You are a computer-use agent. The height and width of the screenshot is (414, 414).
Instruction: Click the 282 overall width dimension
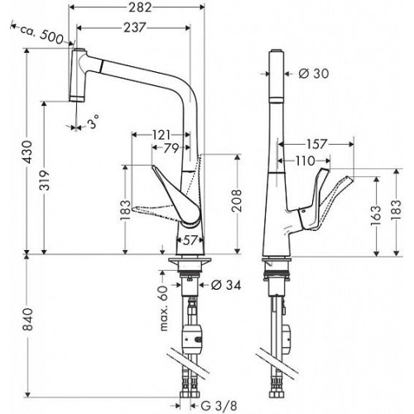(x=141, y=7)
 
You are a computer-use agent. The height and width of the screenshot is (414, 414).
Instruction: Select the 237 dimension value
(x=134, y=27)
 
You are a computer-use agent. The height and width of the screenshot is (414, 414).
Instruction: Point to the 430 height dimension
(x=27, y=152)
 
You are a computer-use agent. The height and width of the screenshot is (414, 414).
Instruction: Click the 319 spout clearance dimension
(x=45, y=181)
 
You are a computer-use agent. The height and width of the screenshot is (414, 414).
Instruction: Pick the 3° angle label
(x=94, y=121)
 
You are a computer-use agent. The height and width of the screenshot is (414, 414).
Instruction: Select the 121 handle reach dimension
(x=161, y=135)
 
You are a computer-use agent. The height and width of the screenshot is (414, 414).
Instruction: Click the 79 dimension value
(x=171, y=148)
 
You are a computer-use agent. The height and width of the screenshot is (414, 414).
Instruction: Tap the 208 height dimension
(x=237, y=200)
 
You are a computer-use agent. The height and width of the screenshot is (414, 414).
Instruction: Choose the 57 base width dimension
(x=190, y=241)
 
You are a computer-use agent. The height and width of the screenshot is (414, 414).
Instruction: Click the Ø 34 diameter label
(x=226, y=285)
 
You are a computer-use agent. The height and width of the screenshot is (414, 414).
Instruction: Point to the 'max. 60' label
(x=164, y=309)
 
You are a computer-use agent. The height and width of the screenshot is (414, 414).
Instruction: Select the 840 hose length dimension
(x=27, y=320)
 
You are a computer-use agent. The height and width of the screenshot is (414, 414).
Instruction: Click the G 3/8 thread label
(x=219, y=406)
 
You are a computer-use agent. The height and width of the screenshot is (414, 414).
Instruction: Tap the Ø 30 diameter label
(x=314, y=74)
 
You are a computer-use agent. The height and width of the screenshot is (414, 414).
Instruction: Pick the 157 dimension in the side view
(x=316, y=144)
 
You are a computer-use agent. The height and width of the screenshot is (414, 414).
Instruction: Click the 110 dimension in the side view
(x=306, y=161)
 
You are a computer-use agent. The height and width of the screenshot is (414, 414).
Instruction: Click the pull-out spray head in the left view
(x=78, y=75)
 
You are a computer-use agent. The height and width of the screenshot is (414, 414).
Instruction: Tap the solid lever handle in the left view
(x=176, y=196)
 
